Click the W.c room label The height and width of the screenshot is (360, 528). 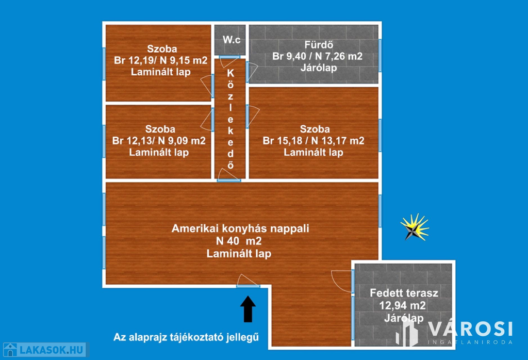coord(232,40)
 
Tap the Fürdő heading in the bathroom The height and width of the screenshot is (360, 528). coord(319,44)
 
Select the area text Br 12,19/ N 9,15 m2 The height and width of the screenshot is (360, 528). coord(161,60)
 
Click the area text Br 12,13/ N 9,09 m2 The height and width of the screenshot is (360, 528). coord(159,140)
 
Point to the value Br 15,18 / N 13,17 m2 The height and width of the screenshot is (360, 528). coord(313,140)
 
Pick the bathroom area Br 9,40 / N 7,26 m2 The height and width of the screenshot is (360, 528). coord(318,56)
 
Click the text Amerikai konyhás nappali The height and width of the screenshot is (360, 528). coord(240,228)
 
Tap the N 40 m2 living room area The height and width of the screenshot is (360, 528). coord(239,241)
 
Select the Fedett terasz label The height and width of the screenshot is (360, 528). coord(404,293)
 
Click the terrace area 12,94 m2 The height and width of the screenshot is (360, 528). coord(403,305)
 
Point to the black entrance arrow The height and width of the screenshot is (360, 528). coord(248,309)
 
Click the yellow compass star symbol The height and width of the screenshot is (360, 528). coord(415,227)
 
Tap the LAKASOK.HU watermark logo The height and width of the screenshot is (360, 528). coord(45,350)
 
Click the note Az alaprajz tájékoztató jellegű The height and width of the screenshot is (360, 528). coord(186,337)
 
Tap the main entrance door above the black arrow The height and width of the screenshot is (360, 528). coord(248,286)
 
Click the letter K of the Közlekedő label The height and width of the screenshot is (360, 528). coord(230,73)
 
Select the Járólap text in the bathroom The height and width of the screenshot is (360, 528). coord(319,68)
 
